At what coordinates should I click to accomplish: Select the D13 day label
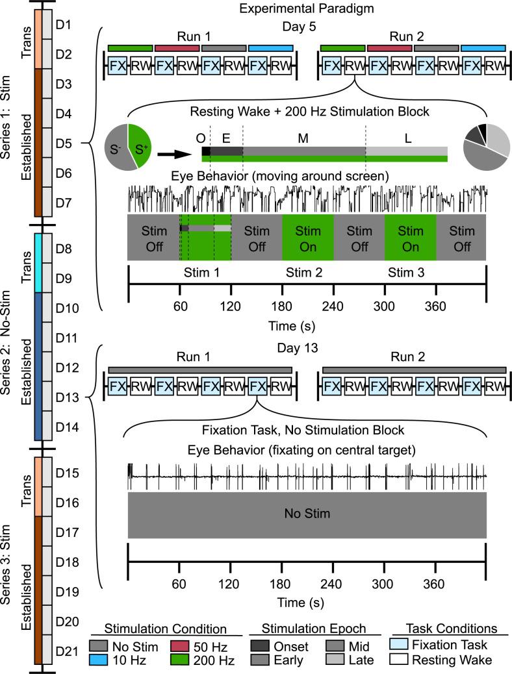pyautogui.click(x=66, y=397)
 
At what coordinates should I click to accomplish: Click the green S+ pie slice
pyautogui.click(x=140, y=144)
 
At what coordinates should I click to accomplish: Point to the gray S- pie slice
pyautogui.click(x=117, y=148)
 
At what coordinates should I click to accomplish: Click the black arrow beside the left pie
pyautogui.click(x=175, y=155)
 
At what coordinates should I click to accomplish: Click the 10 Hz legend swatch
pyautogui.click(x=102, y=660)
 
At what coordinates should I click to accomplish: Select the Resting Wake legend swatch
pyautogui.click(x=402, y=660)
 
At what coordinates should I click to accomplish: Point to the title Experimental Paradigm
pyautogui.click(x=307, y=10)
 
